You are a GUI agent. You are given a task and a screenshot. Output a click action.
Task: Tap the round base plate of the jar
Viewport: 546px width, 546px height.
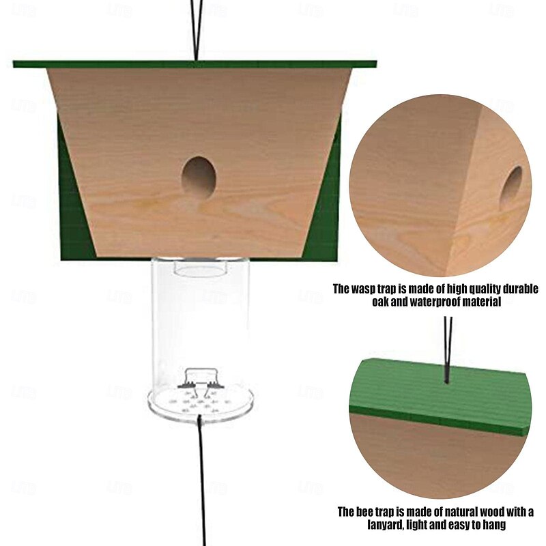click(x=201, y=404)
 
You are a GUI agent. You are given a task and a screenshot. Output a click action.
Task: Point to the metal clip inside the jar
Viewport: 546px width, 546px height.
click(x=201, y=382)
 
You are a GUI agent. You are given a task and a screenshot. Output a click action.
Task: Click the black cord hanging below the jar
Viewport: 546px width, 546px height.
click(x=201, y=480)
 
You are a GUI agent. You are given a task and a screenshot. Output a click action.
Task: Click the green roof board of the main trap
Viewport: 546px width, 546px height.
click(x=195, y=64)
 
